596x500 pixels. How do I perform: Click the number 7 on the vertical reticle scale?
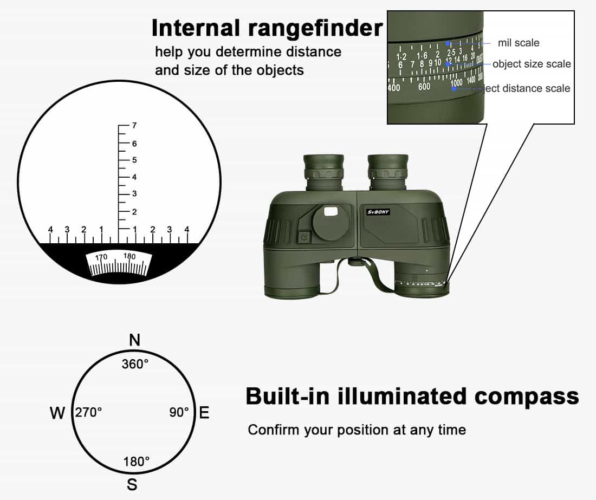[x=134, y=126]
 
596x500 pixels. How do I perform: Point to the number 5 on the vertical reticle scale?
[x=134, y=160]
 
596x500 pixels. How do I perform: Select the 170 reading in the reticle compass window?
[x=102, y=257]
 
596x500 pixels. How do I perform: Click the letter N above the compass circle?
[x=135, y=340]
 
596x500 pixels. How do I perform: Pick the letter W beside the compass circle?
[x=57, y=413]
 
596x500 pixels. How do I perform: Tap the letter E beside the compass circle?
[x=204, y=413]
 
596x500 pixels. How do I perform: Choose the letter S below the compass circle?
[x=132, y=484]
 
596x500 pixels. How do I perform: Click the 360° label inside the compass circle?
[x=135, y=364]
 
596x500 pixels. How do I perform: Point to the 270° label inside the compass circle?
[x=89, y=413]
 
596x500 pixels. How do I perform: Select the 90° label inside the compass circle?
[x=179, y=413]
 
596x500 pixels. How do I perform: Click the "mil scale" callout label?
[x=519, y=42]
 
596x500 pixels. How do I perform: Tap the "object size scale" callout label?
[x=532, y=64]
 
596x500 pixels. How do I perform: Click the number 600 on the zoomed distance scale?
[x=424, y=87]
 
